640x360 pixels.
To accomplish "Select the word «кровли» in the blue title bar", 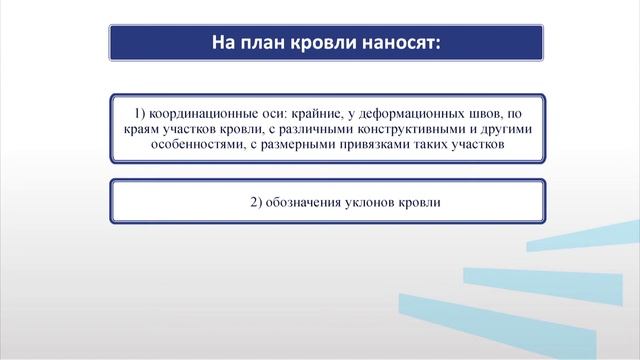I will pos(322,44).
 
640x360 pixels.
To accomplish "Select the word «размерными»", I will pos(288,144).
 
